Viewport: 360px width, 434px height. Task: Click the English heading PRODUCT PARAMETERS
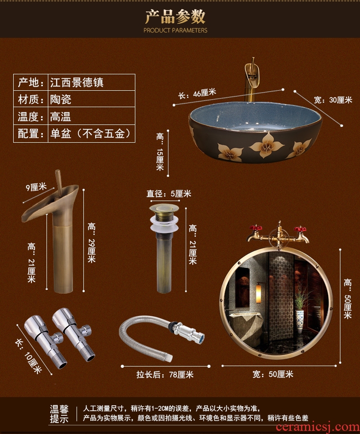(175, 30)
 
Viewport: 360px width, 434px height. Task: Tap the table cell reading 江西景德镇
(77, 83)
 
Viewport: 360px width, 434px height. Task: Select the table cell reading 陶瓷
(61, 99)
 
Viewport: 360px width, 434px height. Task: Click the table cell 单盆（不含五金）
(90, 134)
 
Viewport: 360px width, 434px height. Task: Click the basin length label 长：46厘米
(197, 93)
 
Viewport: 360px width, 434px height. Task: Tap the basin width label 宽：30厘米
(333, 100)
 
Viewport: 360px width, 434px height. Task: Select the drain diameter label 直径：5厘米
(169, 193)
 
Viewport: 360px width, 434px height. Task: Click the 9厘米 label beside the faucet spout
(36, 187)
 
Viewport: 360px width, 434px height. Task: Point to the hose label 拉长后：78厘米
(165, 374)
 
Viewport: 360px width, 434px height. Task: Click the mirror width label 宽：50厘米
(273, 374)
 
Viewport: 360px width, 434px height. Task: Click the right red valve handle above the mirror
(300, 229)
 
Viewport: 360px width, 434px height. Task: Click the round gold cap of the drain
(164, 208)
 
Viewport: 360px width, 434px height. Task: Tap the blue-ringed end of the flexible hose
(201, 337)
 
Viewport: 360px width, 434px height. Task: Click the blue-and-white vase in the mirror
(300, 321)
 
